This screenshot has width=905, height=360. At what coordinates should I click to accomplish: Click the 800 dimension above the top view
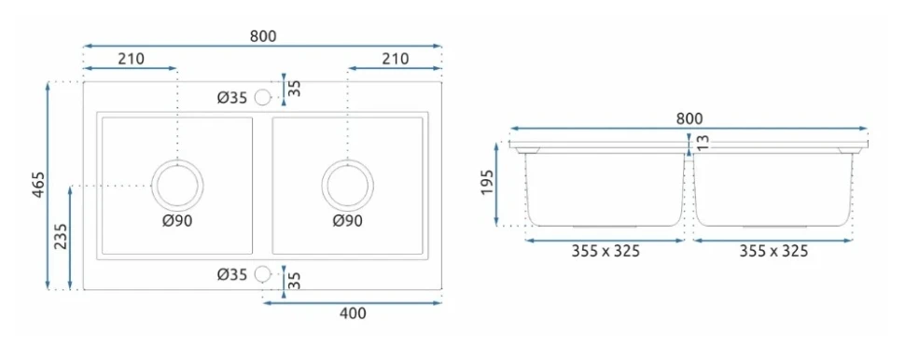[263, 36]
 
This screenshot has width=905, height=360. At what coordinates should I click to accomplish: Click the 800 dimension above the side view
[689, 118]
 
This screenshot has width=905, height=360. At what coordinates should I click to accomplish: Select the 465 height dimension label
[38, 186]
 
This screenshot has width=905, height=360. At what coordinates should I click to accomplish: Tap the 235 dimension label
[62, 237]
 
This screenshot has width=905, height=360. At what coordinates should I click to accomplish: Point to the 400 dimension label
[353, 313]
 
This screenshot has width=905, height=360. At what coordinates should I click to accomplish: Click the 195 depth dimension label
[487, 182]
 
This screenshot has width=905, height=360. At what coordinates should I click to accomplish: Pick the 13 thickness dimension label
[703, 142]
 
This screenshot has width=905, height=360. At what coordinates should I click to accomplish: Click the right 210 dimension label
[395, 58]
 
